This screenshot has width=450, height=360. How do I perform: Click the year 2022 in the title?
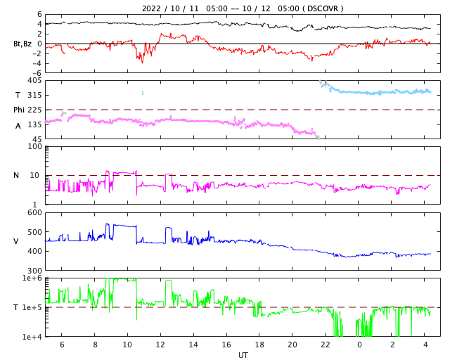(x=152, y=8)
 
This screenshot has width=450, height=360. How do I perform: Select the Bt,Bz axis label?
(x=22, y=44)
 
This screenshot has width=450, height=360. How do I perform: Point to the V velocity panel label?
(x=16, y=241)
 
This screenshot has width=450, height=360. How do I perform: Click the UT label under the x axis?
(x=243, y=355)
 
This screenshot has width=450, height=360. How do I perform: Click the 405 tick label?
(x=33, y=80)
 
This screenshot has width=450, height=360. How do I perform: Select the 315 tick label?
(x=33, y=95)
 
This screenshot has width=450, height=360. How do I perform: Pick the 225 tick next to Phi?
(x=35, y=110)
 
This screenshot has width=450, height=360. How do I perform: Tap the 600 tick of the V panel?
(x=33, y=212)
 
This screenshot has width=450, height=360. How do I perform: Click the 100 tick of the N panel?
(x=34, y=146)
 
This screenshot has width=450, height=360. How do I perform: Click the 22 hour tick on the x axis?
(x=326, y=345)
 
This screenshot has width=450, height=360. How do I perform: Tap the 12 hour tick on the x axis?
(x=160, y=345)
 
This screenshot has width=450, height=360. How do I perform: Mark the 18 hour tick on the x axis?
(x=259, y=345)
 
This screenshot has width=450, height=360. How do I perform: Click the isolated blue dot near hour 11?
(x=143, y=93)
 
